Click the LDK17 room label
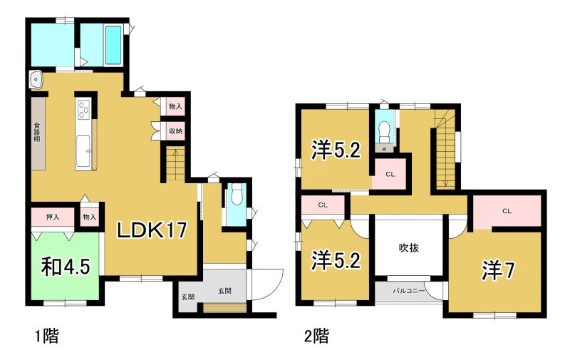tap(152, 230)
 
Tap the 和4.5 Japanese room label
tap(66, 267)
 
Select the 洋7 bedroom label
tap(498, 271)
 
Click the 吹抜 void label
tap(409, 248)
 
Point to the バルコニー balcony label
tap(408, 291)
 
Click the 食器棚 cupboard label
tap(37, 133)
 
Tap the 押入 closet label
tap(52, 217)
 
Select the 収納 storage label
tap(175, 130)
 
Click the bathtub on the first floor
tap(113, 46)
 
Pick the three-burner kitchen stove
tap(84, 110)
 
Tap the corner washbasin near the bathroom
tap(36, 79)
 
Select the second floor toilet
tap(384, 131)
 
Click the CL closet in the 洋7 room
tap(507, 211)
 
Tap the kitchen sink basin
tap(83, 150)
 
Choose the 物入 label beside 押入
tap(90, 217)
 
